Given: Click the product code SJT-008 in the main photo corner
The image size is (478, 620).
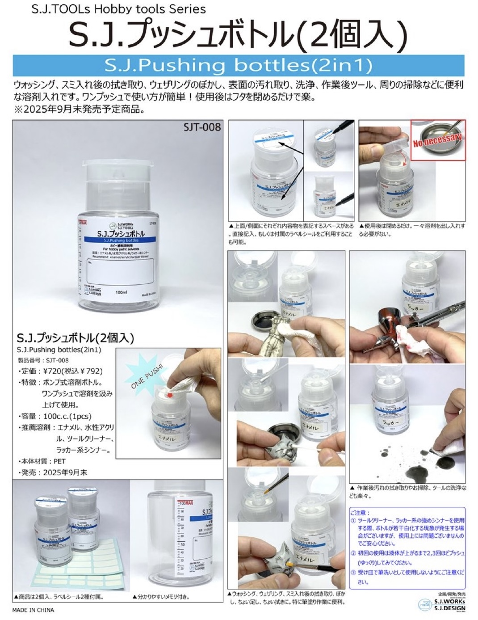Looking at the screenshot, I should [x=202, y=127].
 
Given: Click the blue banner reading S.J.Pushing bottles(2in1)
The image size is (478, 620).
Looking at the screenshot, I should [x=238, y=66].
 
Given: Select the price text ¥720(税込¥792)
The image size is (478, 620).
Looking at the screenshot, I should [x=73, y=371].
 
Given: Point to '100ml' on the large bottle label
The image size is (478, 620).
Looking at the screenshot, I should [x=122, y=292].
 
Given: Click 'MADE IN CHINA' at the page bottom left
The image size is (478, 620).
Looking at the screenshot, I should [x=33, y=610].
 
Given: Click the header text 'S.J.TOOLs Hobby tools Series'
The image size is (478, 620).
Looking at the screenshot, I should [x=119, y=9].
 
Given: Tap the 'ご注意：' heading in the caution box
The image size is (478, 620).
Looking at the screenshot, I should [x=361, y=513].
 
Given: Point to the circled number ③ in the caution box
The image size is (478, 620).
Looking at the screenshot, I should [x=353, y=572].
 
